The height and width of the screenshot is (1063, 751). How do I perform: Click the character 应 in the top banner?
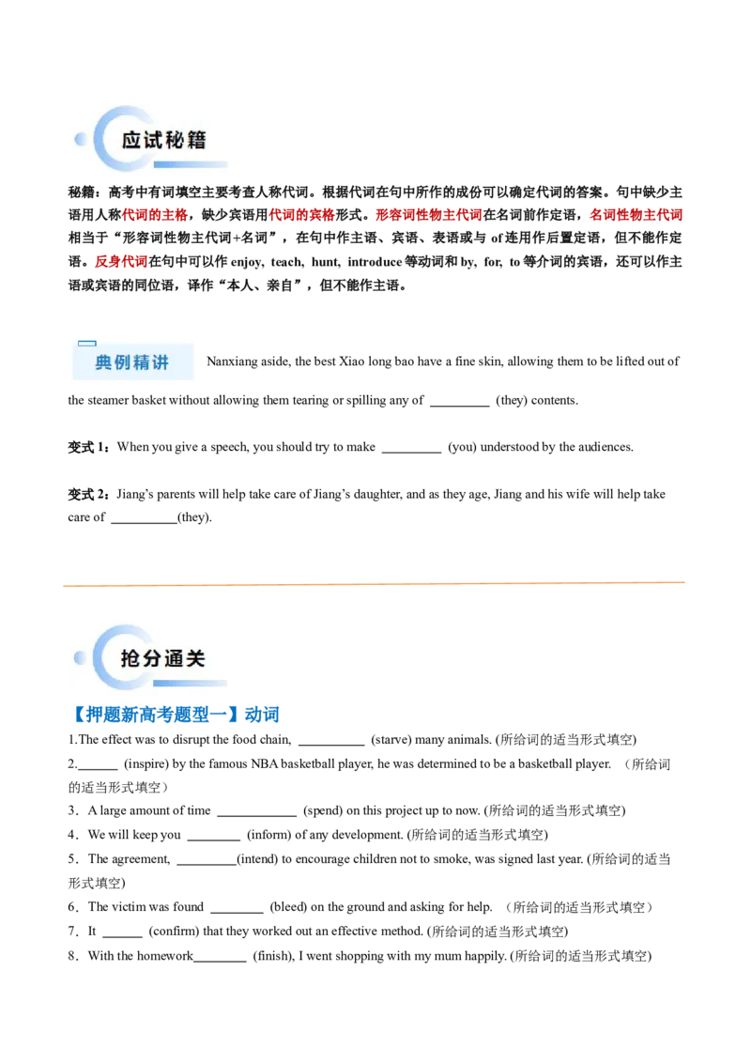point(132,140)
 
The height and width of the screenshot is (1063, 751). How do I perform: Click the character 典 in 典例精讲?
point(103,362)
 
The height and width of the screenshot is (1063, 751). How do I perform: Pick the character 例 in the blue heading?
point(122,362)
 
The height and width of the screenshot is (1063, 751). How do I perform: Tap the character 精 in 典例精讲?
point(141,362)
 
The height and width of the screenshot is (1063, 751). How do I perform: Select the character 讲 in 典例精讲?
point(160,362)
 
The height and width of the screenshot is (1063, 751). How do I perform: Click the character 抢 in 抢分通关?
point(132,658)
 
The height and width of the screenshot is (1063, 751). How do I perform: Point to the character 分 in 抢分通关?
point(154,658)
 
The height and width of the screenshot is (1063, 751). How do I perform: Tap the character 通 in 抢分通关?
point(175,658)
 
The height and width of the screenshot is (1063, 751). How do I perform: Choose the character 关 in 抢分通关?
point(196,658)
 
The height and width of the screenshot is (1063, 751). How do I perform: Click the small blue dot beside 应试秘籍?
point(80,139)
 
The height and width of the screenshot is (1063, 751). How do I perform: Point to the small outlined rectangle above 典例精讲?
point(86,344)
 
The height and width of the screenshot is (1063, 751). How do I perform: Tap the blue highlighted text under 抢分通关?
point(178,716)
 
